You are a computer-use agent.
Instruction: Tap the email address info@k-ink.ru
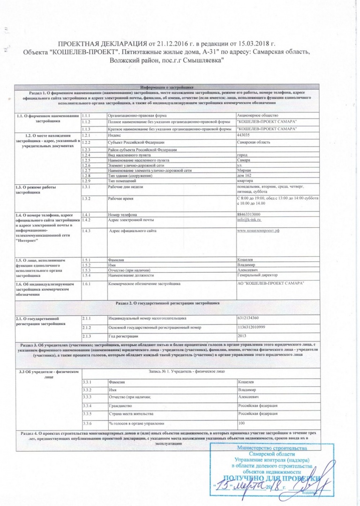pos(249,220)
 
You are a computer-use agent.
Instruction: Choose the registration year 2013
pos(242,323)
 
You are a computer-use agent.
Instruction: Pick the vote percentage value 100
pos(242,424)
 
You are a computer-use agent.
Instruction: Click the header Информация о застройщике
pos(166,88)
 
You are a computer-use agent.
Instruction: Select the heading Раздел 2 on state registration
pos(166,291)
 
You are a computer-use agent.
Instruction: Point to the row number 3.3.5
pos(86,414)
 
